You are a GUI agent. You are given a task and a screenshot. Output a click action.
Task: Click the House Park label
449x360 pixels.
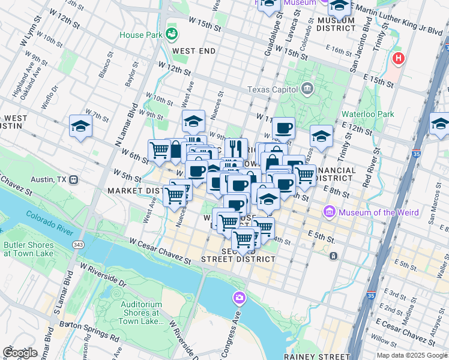pos(141,35)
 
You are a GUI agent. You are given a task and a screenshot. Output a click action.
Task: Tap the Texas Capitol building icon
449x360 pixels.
pos(307,89)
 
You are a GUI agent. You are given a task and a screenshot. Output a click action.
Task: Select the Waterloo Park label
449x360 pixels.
pos(367,113)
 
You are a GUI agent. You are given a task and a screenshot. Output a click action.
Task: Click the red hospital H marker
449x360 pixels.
pos(397,59)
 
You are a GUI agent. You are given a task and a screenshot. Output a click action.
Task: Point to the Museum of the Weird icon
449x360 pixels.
pos(330,211)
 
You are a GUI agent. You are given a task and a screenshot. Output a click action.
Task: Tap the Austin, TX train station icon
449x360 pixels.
pos(74,179)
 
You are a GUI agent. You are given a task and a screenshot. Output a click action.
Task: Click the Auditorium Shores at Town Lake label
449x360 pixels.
pos(142,313)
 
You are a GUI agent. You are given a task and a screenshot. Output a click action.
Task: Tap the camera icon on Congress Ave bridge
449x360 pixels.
pos(240,297)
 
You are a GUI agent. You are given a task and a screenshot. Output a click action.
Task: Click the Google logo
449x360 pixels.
pos(20,353)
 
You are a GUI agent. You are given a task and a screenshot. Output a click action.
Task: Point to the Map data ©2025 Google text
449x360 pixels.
pos(411,355)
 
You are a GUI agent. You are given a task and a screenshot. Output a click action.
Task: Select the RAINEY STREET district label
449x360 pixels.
pos(316,356)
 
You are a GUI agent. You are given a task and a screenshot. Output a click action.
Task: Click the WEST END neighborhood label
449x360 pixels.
pos(193,51)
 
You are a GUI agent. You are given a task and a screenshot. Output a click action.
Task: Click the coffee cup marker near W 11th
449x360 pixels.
pos(283,128)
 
